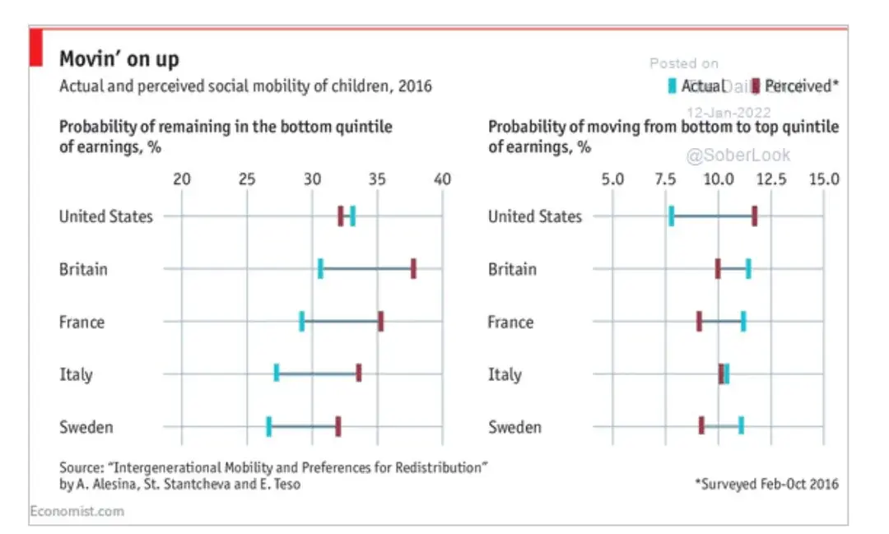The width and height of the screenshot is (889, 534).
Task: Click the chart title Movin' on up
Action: coord(119,59)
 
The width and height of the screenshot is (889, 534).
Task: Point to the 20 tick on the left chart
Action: coord(181,179)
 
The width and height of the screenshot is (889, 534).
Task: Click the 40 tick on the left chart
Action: coord(442,179)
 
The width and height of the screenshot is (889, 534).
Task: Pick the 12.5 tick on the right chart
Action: coord(771,179)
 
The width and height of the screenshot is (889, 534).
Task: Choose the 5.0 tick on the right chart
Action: coord(613,179)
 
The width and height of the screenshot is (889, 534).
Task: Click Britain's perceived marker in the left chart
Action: coord(413,269)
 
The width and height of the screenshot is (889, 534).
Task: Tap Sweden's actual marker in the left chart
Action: coord(268,427)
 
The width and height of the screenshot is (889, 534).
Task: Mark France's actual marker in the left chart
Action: coord(302,322)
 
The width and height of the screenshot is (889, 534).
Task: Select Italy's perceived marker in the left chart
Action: coord(359,374)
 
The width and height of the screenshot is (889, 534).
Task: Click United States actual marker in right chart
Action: coord(672,216)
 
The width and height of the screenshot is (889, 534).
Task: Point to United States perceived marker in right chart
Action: coord(754,216)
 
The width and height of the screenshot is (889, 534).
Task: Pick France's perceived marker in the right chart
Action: coord(699,322)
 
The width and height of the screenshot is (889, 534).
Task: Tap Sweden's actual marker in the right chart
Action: coord(741,427)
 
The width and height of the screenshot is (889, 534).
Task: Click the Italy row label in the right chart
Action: coord(505,374)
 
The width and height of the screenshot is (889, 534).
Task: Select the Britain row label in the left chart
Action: coord(83,269)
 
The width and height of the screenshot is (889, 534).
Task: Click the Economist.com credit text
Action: coord(77,511)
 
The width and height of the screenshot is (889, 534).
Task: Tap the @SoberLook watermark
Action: coord(738,155)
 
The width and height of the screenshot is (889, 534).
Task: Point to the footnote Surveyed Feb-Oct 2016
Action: coord(766,484)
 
